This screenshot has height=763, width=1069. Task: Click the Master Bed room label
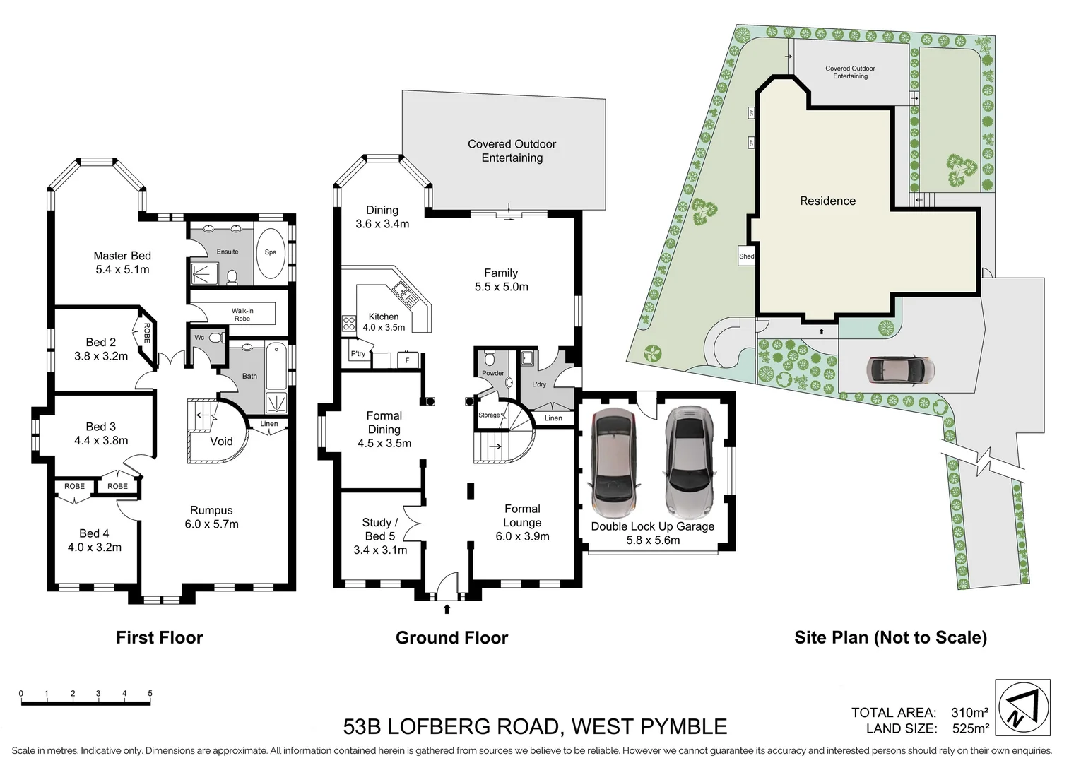(x=122, y=262)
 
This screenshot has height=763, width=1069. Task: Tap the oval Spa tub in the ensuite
(x=271, y=252)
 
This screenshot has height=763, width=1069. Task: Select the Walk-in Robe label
(x=242, y=314)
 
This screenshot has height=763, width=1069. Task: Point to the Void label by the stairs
(x=221, y=441)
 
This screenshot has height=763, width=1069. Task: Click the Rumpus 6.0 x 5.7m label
(x=211, y=517)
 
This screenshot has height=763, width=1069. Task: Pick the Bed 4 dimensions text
(x=95, y=548)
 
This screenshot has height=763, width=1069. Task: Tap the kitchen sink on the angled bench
(x=403, y=290)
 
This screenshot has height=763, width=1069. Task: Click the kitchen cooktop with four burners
(x=349, y=324)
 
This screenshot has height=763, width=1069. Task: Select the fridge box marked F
(x=407, y=360)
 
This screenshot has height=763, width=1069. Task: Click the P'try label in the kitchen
(x=358, y=354)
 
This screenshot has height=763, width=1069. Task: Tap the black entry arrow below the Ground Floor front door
(x=447, y=608)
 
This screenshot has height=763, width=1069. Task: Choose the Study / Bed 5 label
(x=380, y=529)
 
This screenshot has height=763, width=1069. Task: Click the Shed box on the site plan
(x=746, y=256)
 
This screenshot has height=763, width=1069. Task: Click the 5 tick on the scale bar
(x=150, y=694)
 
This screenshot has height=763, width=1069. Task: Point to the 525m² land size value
(x=971, y=728)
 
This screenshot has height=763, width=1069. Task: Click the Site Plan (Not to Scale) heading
(x=890, y=637)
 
